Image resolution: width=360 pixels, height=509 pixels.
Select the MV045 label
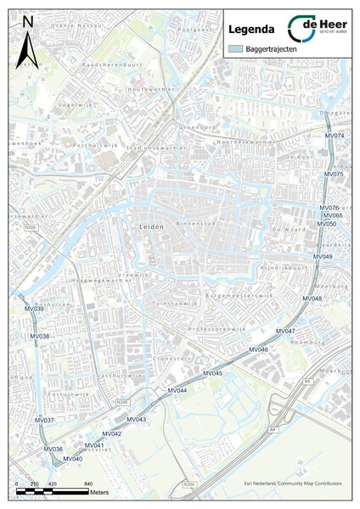212,374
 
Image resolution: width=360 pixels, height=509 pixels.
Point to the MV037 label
44,421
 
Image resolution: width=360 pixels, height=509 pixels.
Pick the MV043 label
136,420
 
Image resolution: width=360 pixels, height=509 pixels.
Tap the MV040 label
73,459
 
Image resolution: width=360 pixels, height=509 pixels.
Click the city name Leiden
149,227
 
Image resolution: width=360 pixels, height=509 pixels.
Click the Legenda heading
248,29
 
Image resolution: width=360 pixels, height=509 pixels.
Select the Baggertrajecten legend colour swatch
234,50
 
